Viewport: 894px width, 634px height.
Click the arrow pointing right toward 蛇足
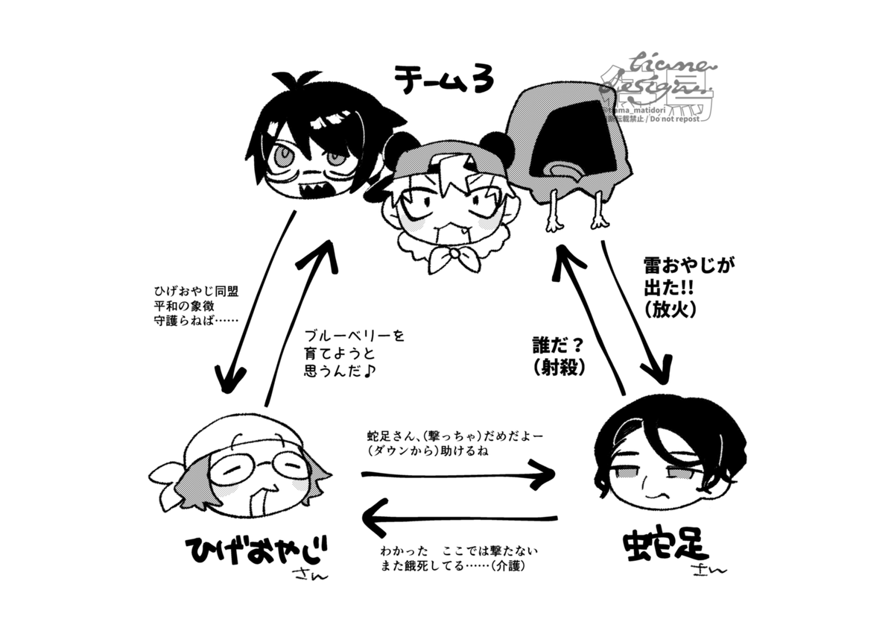[458, 475]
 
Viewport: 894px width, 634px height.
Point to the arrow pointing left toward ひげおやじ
[458, 518]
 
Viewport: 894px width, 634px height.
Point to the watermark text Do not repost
[669, 118]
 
